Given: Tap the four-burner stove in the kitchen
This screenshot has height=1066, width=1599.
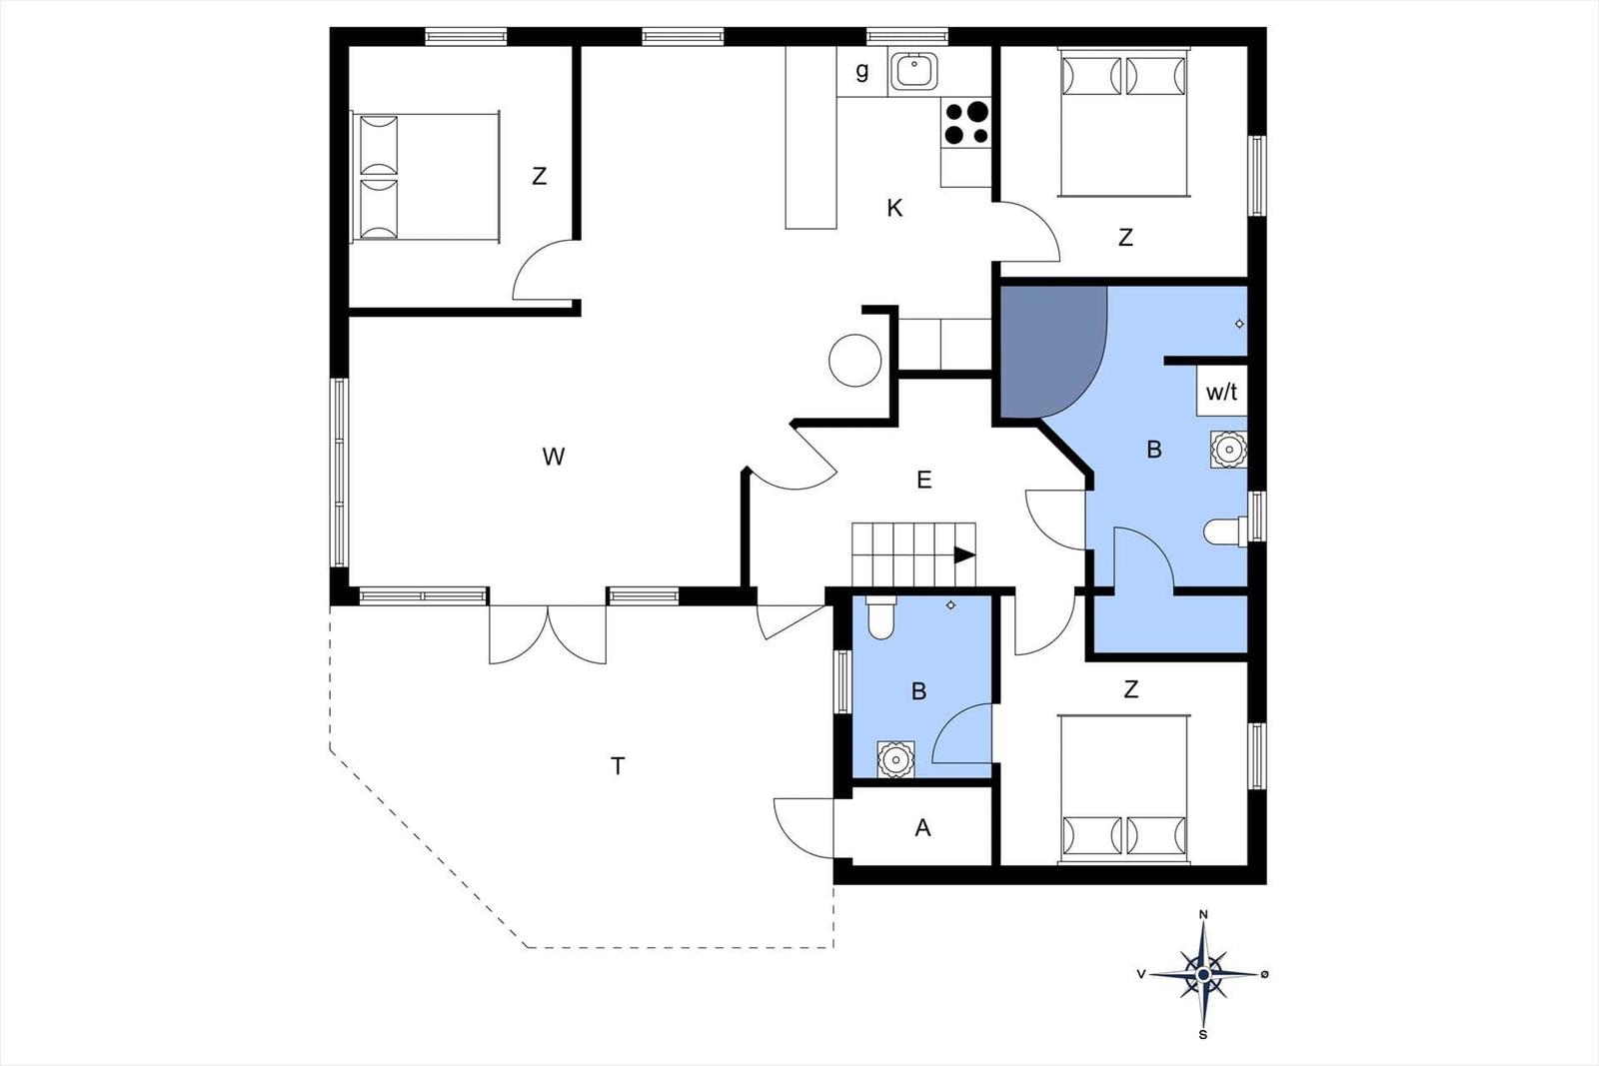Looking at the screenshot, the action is [x=965, y=123].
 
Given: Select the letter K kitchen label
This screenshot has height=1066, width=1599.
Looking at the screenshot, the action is [x=894, y=209].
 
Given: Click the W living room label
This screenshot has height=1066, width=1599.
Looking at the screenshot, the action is [x=554, y=456].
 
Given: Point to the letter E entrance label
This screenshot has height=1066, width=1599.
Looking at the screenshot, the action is [x=923, y=480].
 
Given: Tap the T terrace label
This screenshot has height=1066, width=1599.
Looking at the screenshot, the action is [x=618, y=766].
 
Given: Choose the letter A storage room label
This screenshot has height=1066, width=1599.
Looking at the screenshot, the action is [x=923, y=827].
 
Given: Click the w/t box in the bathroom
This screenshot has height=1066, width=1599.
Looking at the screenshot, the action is [x=1221, y=391].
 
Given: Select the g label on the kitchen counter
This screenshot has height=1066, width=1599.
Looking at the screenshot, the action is [x=862, y=71].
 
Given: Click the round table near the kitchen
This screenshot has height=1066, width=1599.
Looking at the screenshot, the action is [x=855, y=361].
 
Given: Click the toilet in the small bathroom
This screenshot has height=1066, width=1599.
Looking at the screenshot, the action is [x=881, y=617].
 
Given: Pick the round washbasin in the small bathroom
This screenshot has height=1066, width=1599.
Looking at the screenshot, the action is [x=895, y=758].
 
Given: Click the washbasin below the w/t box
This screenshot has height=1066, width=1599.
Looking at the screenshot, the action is [x=1228, y=450].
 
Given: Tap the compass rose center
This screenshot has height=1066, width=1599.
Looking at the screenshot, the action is [x=1203, y=974].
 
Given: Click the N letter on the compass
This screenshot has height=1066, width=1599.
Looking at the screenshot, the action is [x=1203, y=914].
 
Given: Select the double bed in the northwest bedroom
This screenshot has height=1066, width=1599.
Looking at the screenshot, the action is [x=426, y=176].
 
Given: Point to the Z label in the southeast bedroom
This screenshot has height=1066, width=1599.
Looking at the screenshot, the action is [x=1130, y=689].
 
